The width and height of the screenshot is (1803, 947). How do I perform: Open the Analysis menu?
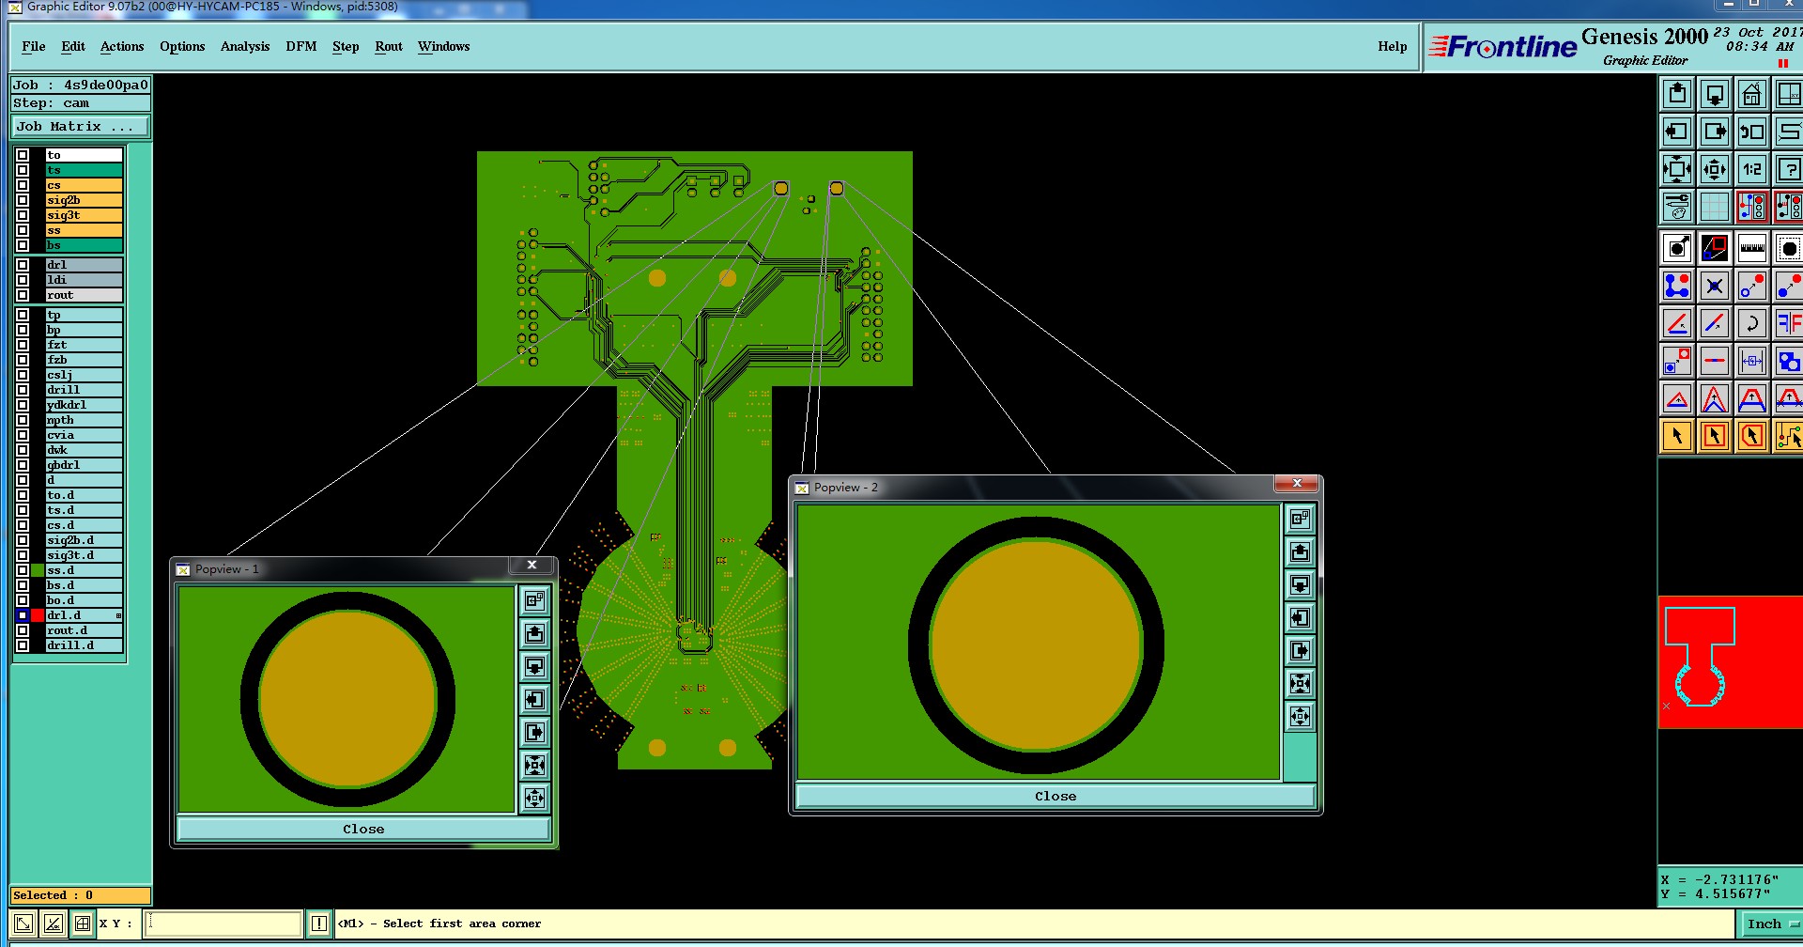click(245, 46)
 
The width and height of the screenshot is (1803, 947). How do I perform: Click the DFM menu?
click(301, 46)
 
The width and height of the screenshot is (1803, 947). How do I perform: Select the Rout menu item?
click(389, 46)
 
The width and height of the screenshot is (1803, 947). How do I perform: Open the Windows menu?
click(444, 46)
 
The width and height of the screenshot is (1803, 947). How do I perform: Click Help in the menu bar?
click(1393, 46)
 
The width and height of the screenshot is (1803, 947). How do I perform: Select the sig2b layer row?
click(84, 200)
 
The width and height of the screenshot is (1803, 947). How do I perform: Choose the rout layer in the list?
click(84, 295)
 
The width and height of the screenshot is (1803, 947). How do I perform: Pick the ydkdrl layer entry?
click(84, 405)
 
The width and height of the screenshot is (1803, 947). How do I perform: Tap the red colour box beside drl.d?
click(38, 615)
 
